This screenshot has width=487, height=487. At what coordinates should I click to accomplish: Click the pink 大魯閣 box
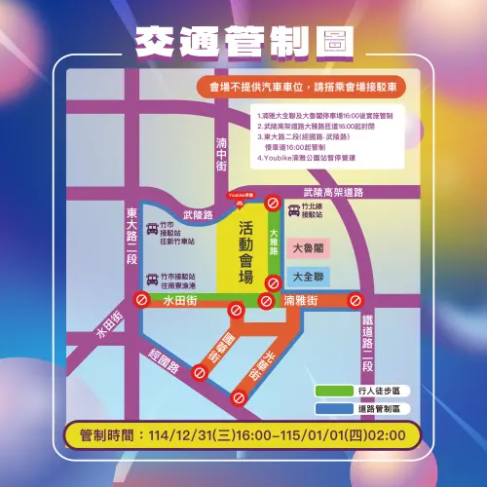pos(309,247)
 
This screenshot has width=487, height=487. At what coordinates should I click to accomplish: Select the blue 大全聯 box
pos(309,277)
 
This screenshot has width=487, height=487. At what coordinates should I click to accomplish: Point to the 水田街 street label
pos(181,303)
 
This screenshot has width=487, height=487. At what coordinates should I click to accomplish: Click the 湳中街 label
pos(221,153)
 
